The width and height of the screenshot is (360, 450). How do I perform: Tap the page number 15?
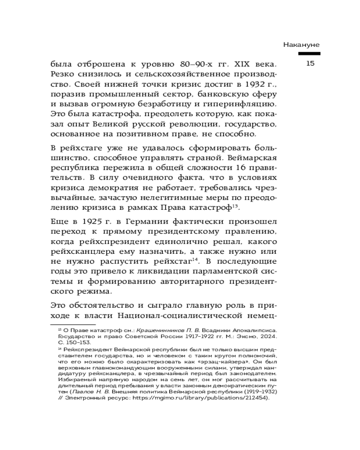[x=310, y=63]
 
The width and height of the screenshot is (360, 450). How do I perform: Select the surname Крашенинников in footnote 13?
[x=156, y=330]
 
